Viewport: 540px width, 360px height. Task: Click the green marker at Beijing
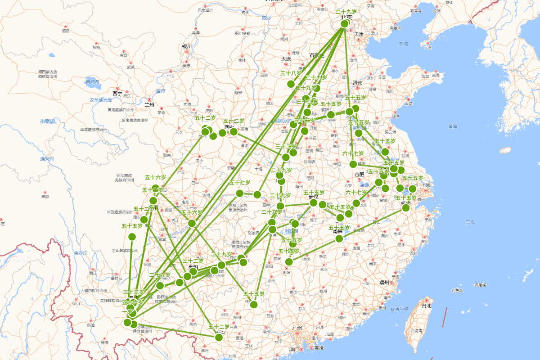point(345,23)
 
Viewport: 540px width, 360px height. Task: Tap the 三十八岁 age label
point(291,73)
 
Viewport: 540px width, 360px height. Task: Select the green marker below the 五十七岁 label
point(240,193)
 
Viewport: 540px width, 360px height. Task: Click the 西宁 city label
point(117,94)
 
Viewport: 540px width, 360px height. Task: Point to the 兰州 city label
point(149,104)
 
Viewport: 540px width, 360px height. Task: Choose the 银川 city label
point(187,46)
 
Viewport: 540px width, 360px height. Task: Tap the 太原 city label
point(286,58)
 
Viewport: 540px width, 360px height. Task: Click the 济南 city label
point(358,83)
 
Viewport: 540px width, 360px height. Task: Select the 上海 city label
point(426,185)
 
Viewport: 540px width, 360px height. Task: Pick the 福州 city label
point(384,283)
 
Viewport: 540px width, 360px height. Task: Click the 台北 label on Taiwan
point(426,306)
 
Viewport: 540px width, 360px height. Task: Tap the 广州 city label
point(297,328)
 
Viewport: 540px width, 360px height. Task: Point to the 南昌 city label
point(338,231)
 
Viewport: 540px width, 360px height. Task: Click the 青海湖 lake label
point(94,82)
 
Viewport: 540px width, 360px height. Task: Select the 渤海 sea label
point(403,44)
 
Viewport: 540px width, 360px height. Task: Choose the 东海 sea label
point(470,222)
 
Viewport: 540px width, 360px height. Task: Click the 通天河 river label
point(47,159)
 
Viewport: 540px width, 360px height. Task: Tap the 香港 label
point(319,348)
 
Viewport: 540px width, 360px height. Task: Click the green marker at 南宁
point(219,337)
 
